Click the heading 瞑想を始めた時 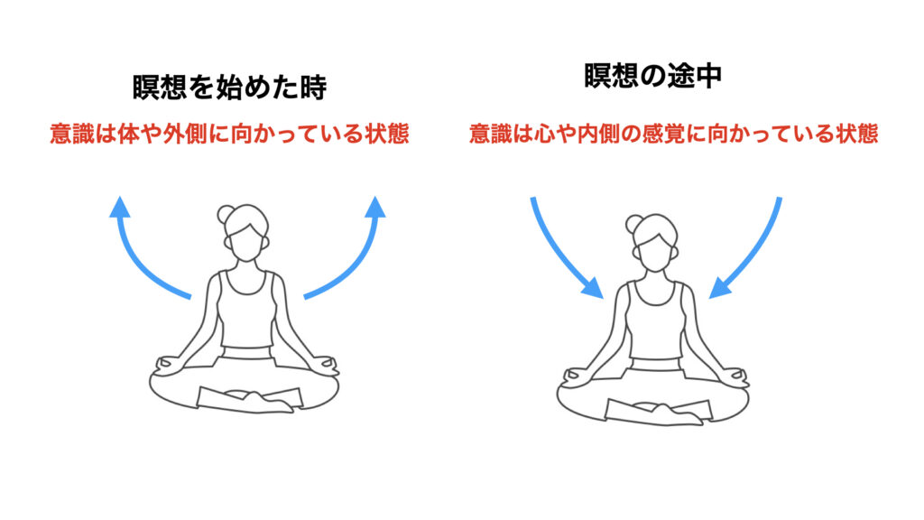point(230,88)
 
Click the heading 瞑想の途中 point(653,76)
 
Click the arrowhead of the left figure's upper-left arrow point(120,207)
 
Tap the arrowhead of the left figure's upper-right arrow point(375,207)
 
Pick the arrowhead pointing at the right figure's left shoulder point(593,288)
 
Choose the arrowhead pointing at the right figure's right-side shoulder point(720,288)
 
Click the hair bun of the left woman point(225,214)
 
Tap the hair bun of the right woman point(633,224)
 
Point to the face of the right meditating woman point(655,251)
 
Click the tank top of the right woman point(656,320)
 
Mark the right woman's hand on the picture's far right point(736,376)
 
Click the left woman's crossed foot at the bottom point(266,403)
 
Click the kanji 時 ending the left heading point(313,88)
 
